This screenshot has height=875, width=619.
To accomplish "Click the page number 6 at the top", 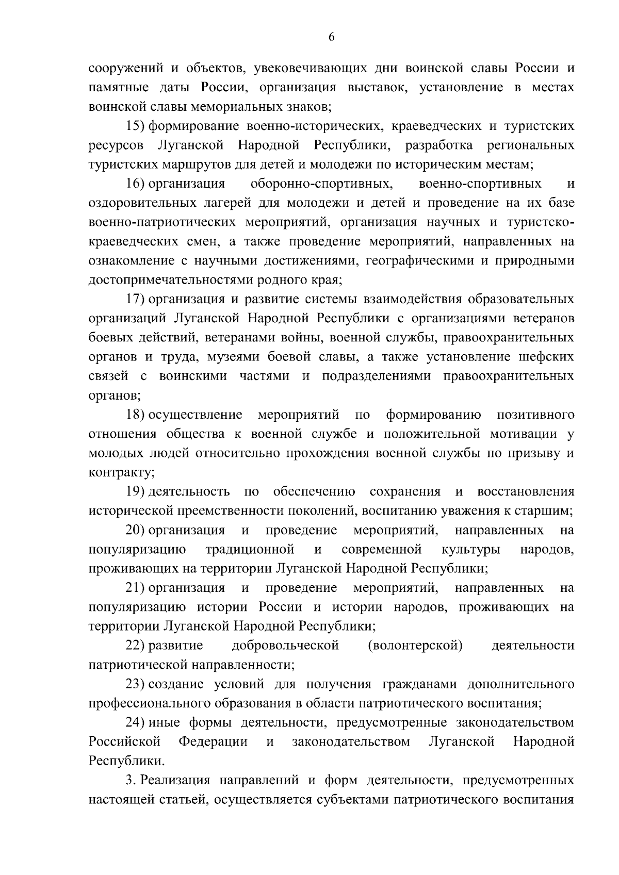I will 331,36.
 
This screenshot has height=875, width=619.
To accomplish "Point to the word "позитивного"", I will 535,415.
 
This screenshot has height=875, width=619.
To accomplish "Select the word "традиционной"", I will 250,549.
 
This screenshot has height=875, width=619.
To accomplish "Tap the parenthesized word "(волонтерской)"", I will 415,646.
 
